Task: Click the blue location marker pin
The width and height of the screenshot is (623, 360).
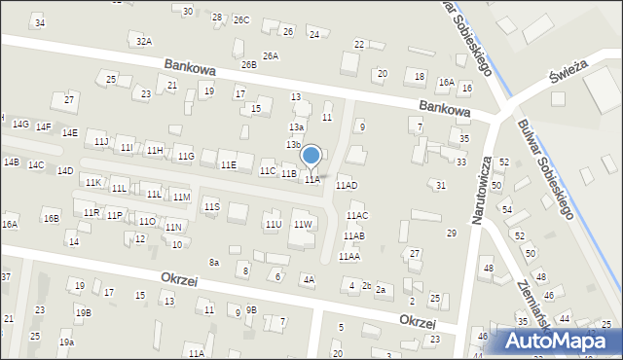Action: click(x=311, y=156)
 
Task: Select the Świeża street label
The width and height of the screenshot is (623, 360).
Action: click(x=564, y=72)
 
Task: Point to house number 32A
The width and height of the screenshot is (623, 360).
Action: click(x=144, y=41)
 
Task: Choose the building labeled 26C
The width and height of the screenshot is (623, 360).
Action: click(x=241, y=19)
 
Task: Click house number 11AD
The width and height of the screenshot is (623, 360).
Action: click(x=347, y=185)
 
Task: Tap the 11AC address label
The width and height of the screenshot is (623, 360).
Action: click(x=356, y=216)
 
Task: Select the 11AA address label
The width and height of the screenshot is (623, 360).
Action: click(x=348, y=256)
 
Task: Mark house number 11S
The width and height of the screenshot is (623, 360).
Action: click(x=211, y=206)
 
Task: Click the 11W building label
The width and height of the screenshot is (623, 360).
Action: click(x=303, y=225)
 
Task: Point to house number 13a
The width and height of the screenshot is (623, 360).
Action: click(x=296, y=126)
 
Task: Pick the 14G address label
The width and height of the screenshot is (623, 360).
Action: click(x=20, y=125)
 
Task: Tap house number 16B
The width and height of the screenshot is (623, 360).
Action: click(x=51, y=219)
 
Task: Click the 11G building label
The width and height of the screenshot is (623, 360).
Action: click(x=185, y=156)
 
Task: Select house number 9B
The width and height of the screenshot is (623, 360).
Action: click(x=251, y=309)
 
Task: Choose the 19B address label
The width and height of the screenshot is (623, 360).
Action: click(x=84, y=312)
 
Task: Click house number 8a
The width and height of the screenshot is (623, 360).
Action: click(x=214, y=262)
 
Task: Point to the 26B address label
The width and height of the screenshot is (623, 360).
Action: click(x=249, y=65)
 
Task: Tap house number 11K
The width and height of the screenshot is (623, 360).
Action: click(x=92, y=182)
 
